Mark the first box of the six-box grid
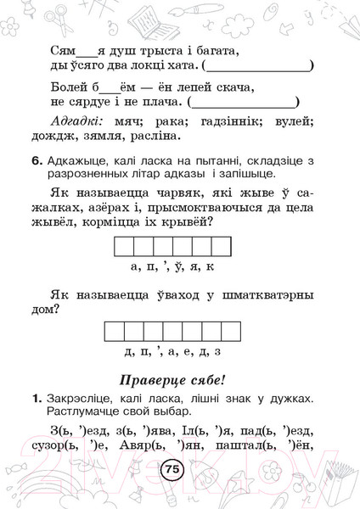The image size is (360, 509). pyautogui.click(x=121, y=247)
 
